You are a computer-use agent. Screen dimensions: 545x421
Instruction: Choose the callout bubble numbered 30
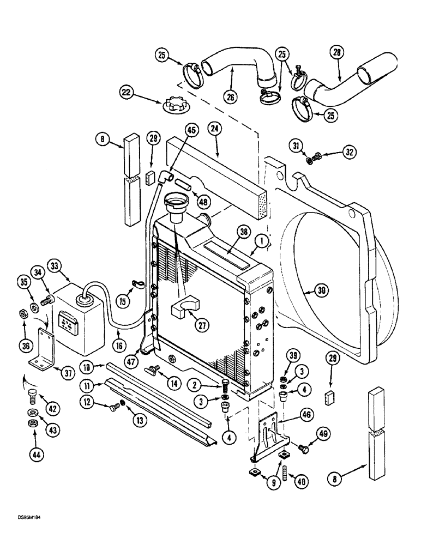pos(322,290)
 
